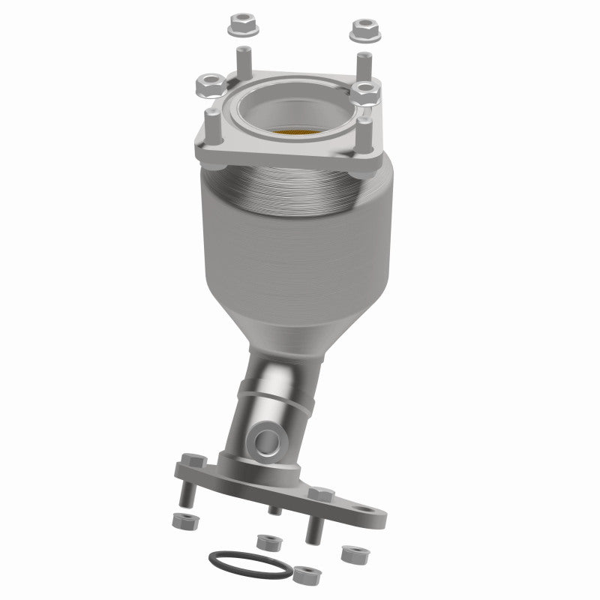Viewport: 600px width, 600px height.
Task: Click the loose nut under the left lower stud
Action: pos(181,519)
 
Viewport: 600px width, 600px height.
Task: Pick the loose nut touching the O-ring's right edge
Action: pos(304,574)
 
